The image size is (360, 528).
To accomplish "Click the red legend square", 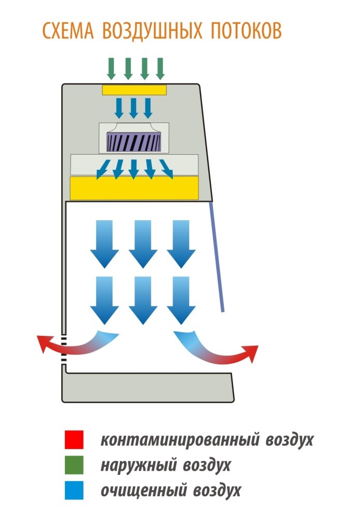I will [74, 440].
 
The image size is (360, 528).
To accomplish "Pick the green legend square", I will [74, 465].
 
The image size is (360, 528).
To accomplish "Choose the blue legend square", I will [74, 490].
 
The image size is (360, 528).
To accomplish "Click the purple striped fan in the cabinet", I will [133, 140].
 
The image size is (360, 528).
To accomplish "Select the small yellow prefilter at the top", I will [134, 90].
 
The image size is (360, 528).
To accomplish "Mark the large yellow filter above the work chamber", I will [134, 187].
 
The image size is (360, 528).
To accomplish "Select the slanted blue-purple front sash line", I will [217, 257].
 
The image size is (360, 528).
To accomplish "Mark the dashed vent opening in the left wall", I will [63, 349].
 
